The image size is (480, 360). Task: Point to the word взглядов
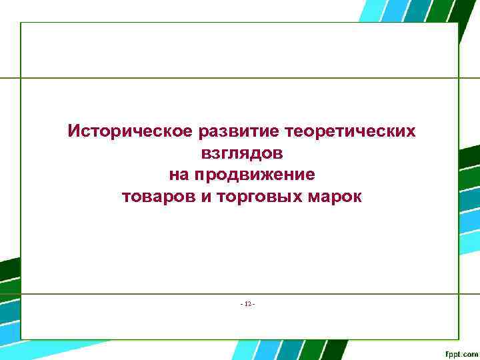241,153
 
